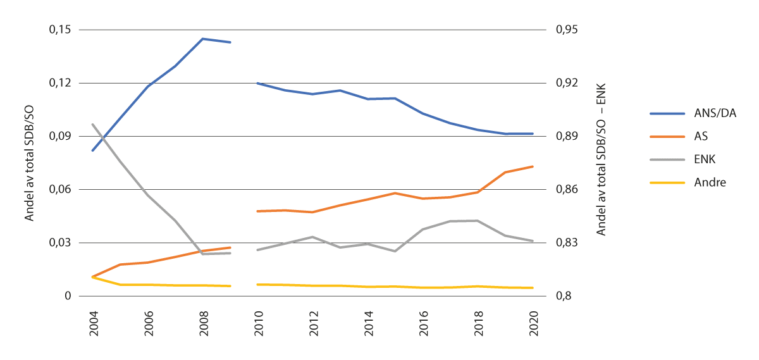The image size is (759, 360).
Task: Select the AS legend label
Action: point(701,137)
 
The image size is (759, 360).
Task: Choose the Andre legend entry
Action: point(710,182)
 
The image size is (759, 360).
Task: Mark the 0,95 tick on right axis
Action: point(567,30)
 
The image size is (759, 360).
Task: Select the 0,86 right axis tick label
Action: point(567,189)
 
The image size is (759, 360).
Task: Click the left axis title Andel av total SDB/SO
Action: point(30,163)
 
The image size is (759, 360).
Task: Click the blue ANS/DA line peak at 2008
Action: point(202,39)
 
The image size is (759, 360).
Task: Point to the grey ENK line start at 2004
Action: point(93,124)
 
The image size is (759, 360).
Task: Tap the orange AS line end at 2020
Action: point(533,166)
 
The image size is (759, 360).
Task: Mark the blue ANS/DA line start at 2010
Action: point(257,83)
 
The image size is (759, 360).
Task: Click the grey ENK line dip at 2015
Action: point(395,251)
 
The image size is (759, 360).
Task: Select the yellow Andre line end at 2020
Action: point(533,288)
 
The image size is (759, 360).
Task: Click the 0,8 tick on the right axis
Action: point(563,295)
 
